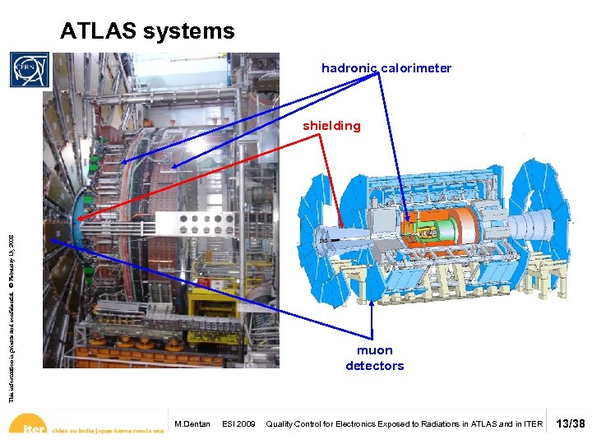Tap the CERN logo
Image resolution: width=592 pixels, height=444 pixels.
pos(30,70)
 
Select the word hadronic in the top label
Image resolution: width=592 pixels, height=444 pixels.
pos(350,68)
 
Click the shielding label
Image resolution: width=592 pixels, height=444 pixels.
pos(331,126)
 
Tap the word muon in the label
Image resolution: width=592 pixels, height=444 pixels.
pos(375,350)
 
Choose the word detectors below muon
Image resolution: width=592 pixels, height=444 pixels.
pos(375,366)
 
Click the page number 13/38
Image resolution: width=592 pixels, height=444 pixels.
pos(570,424)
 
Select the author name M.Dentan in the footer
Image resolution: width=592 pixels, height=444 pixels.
pos(192,424)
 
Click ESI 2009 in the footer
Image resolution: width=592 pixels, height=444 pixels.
pos(239,424)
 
